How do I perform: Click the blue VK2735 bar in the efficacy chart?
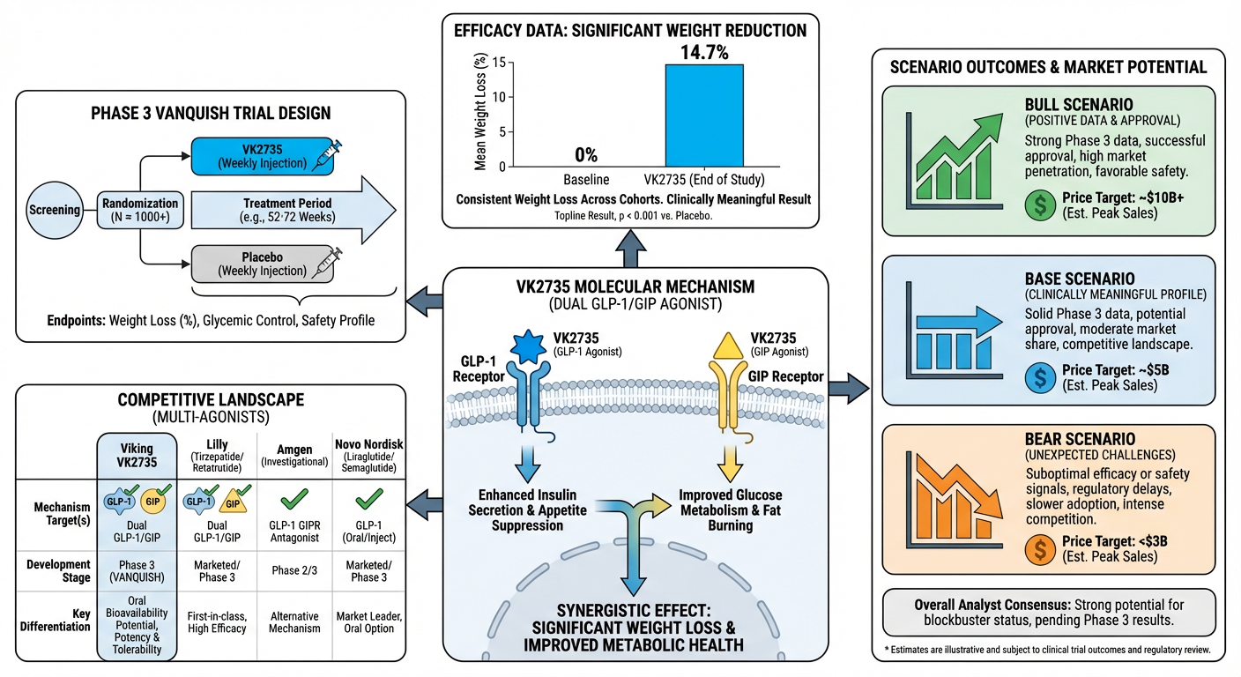703,115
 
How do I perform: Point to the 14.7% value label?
704,53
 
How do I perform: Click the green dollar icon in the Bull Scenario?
1041,205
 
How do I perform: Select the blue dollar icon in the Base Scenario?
1041,377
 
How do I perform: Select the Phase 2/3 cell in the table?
291,570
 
